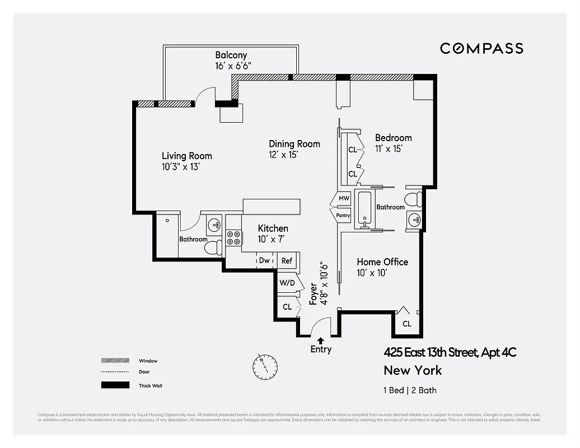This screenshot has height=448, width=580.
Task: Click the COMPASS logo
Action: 481,48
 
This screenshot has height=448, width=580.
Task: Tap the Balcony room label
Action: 231,55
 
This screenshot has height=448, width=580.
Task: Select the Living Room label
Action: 187,156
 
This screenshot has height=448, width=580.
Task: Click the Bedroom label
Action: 393,138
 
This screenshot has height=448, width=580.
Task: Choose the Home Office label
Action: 382,262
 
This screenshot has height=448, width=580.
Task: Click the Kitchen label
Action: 273,228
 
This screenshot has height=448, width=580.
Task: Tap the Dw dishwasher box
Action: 264,260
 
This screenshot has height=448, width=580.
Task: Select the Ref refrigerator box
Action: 287,260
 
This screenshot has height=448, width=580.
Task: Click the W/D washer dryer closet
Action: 287,283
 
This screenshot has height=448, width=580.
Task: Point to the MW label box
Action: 344,199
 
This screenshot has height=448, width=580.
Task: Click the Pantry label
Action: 343,215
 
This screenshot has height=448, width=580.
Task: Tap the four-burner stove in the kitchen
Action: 233,238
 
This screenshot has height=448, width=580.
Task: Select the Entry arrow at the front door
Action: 320,340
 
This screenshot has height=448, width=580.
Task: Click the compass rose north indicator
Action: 265,366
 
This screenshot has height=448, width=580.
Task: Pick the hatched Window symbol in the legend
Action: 115,361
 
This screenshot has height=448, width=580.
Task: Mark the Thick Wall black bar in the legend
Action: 115,385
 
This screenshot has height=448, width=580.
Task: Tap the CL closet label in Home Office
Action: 407,324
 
